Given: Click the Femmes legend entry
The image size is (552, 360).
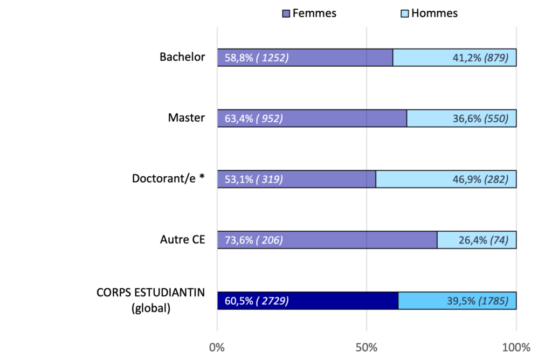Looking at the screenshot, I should tap(309, 13).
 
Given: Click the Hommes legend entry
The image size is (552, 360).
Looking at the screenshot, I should tap(430, 13).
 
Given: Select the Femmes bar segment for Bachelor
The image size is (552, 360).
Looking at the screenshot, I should tap(305, 58).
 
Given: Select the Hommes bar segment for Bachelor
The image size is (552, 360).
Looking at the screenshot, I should tap(454, 58).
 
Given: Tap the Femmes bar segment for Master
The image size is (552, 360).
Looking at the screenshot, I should tap(312, 119).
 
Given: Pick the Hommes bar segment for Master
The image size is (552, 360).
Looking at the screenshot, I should tap(461, 119).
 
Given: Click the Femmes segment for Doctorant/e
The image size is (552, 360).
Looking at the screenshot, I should tap(296, 179).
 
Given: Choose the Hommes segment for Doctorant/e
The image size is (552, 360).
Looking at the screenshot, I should tap(446, 179).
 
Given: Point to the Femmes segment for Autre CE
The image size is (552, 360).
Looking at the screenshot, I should tap(327, 240).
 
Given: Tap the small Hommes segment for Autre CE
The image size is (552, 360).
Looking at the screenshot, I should tap(477, 240).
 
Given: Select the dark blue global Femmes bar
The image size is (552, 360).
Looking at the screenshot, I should tap(308, 301).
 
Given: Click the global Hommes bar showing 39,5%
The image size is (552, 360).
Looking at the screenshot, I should tap(457, 301).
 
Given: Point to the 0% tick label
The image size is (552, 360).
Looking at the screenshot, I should tap(217, 347).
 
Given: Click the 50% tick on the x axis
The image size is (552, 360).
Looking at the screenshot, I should tap(367, 347).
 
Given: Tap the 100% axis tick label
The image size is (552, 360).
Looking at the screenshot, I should tap(516, 347).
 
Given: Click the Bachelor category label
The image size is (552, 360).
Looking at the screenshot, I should tap(182, 57).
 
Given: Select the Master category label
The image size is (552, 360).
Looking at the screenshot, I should tap(187, 117).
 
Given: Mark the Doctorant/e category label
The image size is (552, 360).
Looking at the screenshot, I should tap(169, 178).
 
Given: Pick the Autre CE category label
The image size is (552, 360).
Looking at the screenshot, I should tap(182, 239).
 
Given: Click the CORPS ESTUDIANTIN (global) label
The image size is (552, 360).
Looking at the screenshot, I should tap(151, 301).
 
